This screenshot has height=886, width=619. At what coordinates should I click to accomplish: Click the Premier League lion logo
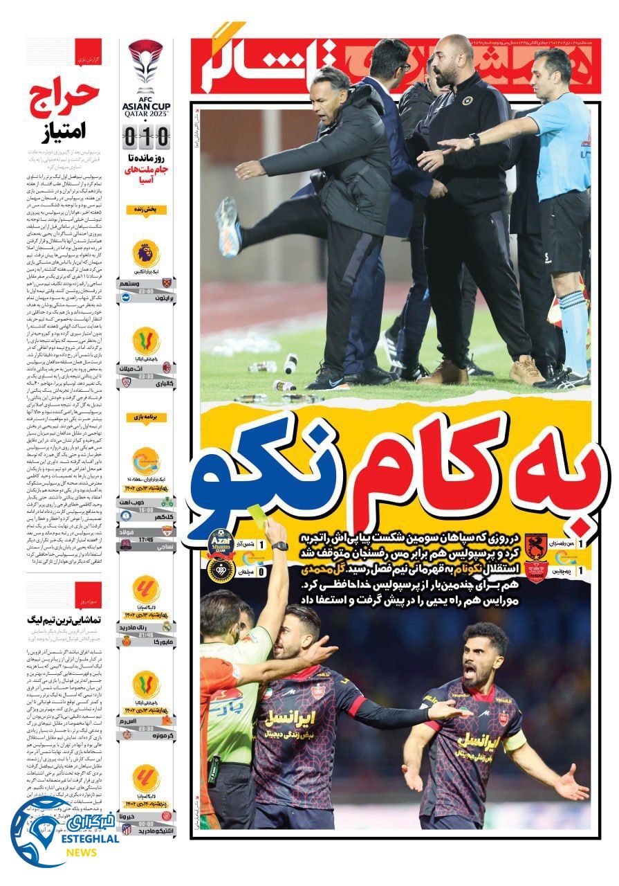146,255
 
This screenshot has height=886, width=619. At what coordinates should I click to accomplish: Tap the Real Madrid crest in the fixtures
166,626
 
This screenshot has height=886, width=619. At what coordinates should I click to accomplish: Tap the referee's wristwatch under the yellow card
279,546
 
